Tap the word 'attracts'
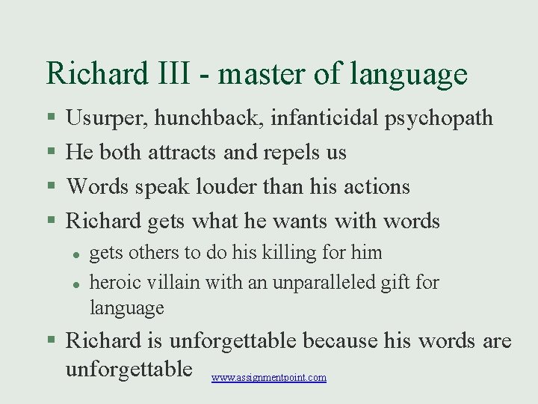[183, 153]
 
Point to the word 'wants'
[297, 221]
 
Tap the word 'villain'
[173, 283]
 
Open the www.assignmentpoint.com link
[269, 378]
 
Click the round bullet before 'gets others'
[76, 254]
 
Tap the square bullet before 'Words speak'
[51, 187]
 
